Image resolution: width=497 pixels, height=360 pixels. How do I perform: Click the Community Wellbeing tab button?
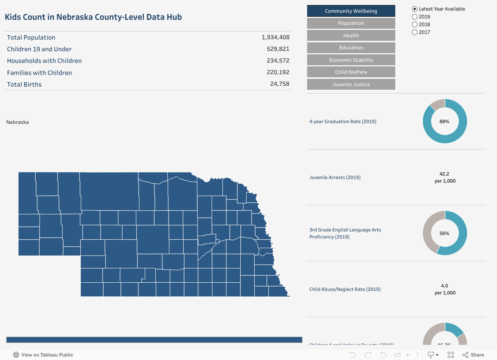[351, 11]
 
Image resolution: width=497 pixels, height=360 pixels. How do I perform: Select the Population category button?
[351, 23]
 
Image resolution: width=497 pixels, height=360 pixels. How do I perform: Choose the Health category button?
[351, 35]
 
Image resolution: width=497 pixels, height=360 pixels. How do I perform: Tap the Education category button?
[351, 48]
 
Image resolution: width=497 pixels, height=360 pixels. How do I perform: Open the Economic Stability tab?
[351, 60]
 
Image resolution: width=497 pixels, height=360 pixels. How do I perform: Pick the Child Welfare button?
[351, 72]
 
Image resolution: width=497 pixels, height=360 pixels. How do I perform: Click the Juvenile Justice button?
[351, 84]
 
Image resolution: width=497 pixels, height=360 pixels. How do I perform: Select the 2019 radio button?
[415, 17]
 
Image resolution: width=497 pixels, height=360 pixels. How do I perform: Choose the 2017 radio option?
[415, 32]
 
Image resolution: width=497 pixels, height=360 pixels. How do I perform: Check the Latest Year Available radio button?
[415, 9]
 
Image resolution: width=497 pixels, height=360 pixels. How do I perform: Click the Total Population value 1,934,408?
[275, 37]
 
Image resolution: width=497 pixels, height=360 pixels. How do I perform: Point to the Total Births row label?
[24, 84]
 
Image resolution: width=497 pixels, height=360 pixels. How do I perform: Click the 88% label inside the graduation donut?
[445, 122]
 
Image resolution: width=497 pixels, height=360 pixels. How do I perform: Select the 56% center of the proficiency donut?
[445, 233]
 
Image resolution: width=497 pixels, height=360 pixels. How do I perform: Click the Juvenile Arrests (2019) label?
[335, 177]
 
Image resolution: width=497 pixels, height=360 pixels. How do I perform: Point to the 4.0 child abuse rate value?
[445, 286]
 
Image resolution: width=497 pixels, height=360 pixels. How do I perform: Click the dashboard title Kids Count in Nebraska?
[93, 17]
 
